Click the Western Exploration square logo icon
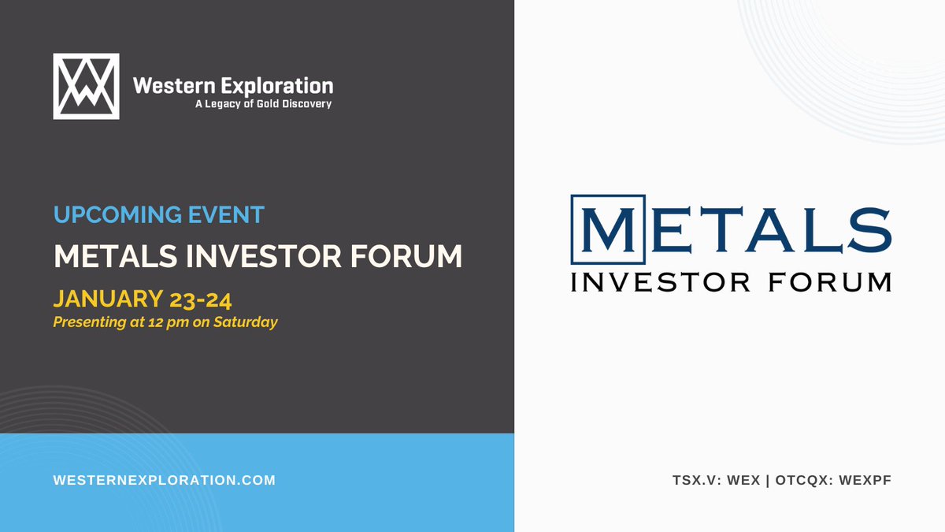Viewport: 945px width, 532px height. tap(86, 86)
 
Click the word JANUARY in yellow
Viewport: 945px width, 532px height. tap(106, 299)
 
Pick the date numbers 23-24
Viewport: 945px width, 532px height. tap(205, 299)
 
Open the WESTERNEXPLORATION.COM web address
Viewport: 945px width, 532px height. tap(165, 479)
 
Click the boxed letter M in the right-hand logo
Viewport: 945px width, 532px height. tap(607, 229)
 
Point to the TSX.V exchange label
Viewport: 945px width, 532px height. tap(690, 479)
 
